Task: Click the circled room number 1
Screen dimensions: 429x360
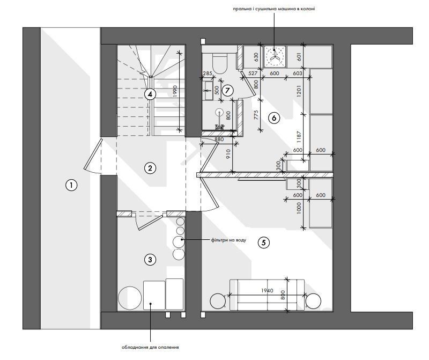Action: point(71,185)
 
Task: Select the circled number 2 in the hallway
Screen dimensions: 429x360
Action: point(150,168)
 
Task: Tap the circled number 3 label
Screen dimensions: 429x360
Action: point(150,259)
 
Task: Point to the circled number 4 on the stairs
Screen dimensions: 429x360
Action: point(150,94)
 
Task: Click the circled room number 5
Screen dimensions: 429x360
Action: point(263,243)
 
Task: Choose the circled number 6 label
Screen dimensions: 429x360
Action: point(274,118)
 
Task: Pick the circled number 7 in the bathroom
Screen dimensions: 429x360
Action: point(227,90)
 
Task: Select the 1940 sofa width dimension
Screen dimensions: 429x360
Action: point(267,290)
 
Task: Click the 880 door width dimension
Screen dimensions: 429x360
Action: point(219,139)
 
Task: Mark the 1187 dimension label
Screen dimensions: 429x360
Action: point(299,137)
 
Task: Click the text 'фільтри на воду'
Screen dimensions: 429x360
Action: point(228,240)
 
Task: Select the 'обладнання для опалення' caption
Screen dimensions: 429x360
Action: point(150,348)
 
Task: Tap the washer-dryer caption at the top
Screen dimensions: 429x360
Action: point(274,9)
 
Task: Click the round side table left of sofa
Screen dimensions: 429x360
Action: point(218,301)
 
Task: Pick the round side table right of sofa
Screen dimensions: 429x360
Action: point(313,301)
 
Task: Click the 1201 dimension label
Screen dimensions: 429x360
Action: point(299,91)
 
